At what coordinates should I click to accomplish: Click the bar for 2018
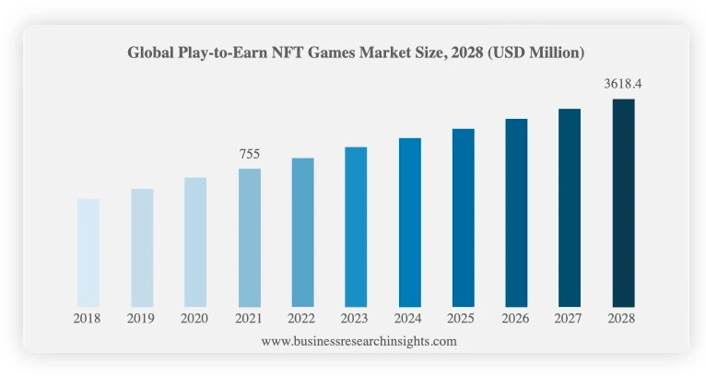(88, 253)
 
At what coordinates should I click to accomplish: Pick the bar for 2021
(249, 237)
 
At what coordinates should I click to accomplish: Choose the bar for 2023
(356, 227)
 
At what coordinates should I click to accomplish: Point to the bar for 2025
(463, 217)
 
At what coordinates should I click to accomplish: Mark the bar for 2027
(570, 207)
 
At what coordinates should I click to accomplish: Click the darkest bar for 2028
(623, 203)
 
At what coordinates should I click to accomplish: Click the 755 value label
(250, 154)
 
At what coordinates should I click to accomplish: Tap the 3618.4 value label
(623, 84)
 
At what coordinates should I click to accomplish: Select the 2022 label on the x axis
(302, 318)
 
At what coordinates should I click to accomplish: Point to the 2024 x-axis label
(409, 318)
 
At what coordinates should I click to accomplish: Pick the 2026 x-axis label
(516, 318)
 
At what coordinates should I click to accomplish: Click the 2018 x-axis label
(88, 318)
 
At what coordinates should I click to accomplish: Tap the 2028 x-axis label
(623, 318)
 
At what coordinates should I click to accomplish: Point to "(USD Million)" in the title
(538, 53)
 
